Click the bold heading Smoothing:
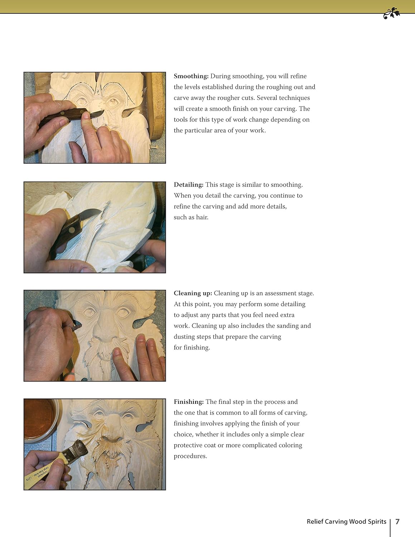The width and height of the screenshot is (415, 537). [191, 76]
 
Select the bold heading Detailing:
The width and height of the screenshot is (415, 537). [188, 185]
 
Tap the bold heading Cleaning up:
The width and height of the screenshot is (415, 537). [193, 293]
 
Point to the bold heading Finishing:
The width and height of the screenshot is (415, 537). [189, 402]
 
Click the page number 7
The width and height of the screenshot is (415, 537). [397, 522]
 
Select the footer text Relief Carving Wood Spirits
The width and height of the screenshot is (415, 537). [346, 522]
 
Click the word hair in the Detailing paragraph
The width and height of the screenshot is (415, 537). [202, 217]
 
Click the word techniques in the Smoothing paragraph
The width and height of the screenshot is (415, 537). [294, 98]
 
